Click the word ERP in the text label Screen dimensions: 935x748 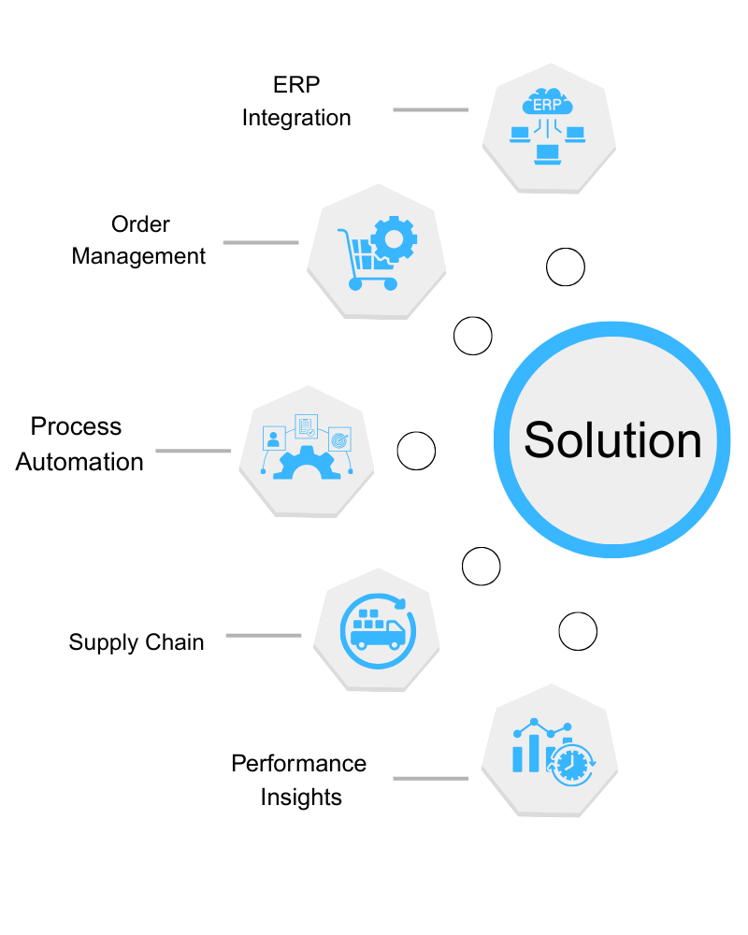pyautogui.click(x=296, y=86)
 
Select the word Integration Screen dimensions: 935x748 pyautogui.click(x=296, y=119)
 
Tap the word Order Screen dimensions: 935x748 pyautogui.click(x=140, y=224)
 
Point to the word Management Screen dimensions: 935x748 pyautogui.click(x=138, y=256)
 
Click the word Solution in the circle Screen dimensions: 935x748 pyautogui.click(x=612, y=439)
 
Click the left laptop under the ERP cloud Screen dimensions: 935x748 pyautogui.click(x=519, y=135)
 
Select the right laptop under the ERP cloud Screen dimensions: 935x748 pyautogui.click(x=575, y=135)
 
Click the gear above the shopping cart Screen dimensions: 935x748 pyautogui.click(x=394, y=239)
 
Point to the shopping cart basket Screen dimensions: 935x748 pyautogui.click(x=369, y=253)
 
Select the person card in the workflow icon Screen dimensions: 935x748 pyautogui.click(x=274, y=438)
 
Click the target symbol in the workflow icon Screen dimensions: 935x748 pyautogui.click(x=338, y=437)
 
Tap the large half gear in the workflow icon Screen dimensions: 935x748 pyautogui.click(x=306, y=466)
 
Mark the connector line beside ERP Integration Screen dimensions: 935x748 pyautogui.click(x=430, y=109)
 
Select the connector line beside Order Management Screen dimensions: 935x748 pyautogui.click(x=260, y=242)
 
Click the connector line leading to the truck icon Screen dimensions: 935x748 pyautogui.click(x=263, y=635)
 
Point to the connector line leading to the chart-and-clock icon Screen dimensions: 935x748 pyautogui.click(x=430, y=777)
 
